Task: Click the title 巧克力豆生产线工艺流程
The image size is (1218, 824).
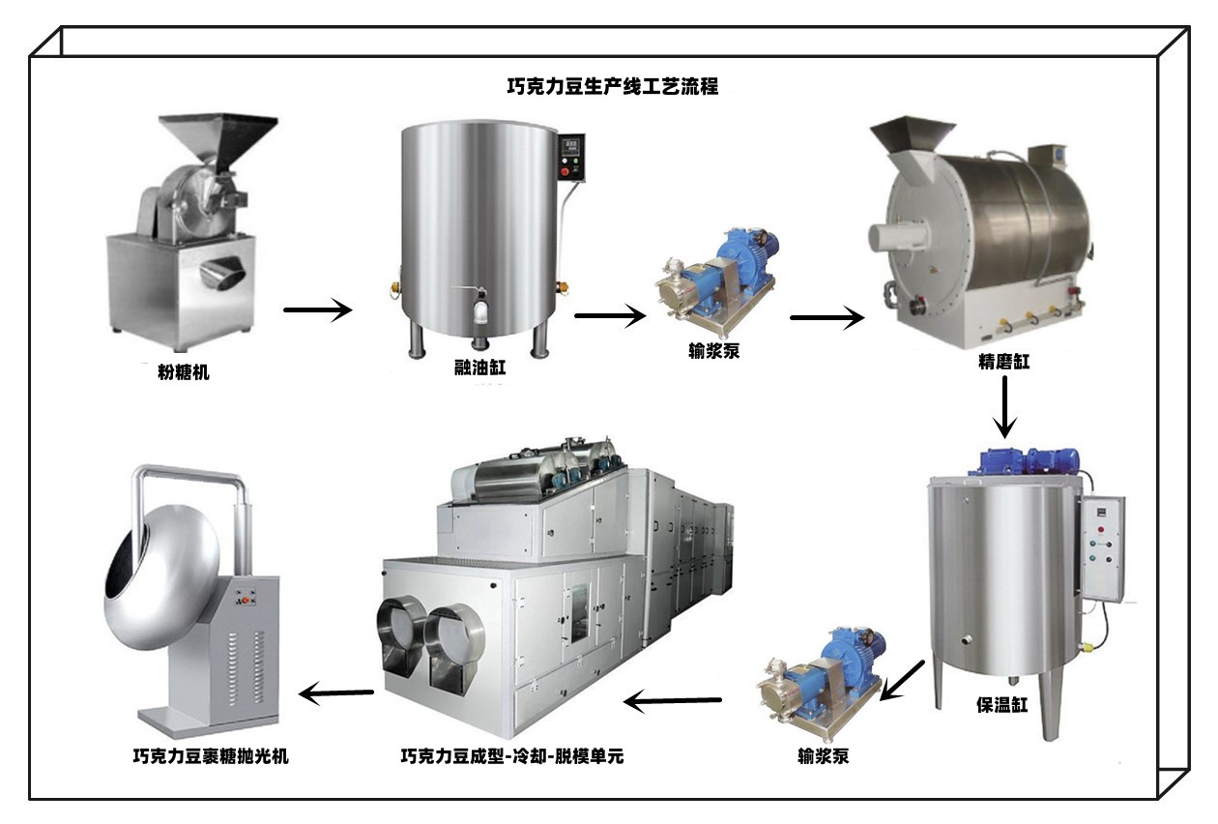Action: click(x=613, y=86)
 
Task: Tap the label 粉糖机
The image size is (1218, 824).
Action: click(x=184, y=372)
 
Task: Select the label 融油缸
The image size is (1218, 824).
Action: click(x=480, y=368)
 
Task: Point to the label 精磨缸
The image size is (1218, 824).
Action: click(x=1003, y=362)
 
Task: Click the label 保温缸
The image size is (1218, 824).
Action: click(x=1002, y=705)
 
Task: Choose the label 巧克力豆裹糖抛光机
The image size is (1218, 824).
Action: click(x=211, y=756)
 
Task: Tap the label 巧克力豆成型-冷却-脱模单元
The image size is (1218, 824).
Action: click(x=512, y=756)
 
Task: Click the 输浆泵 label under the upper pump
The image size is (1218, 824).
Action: click(x=714, y=351)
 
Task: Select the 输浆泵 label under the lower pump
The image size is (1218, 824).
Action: click(x=824, y=756)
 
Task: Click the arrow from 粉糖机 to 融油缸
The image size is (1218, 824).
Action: click(x=318, y=310)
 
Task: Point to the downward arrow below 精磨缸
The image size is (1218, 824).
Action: click(x=1005, y=407)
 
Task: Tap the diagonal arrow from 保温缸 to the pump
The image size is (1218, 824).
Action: click(x=902, y=681)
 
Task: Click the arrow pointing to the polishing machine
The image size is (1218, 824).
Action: click(x=336, y=693)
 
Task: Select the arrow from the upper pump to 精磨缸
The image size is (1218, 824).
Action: click(x=827, y=317)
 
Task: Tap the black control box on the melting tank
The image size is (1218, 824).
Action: click(x=571, y=157)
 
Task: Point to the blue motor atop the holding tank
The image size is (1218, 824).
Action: click(x=1028, y=462)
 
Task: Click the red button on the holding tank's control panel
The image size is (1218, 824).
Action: click(x=1101, y=529)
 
